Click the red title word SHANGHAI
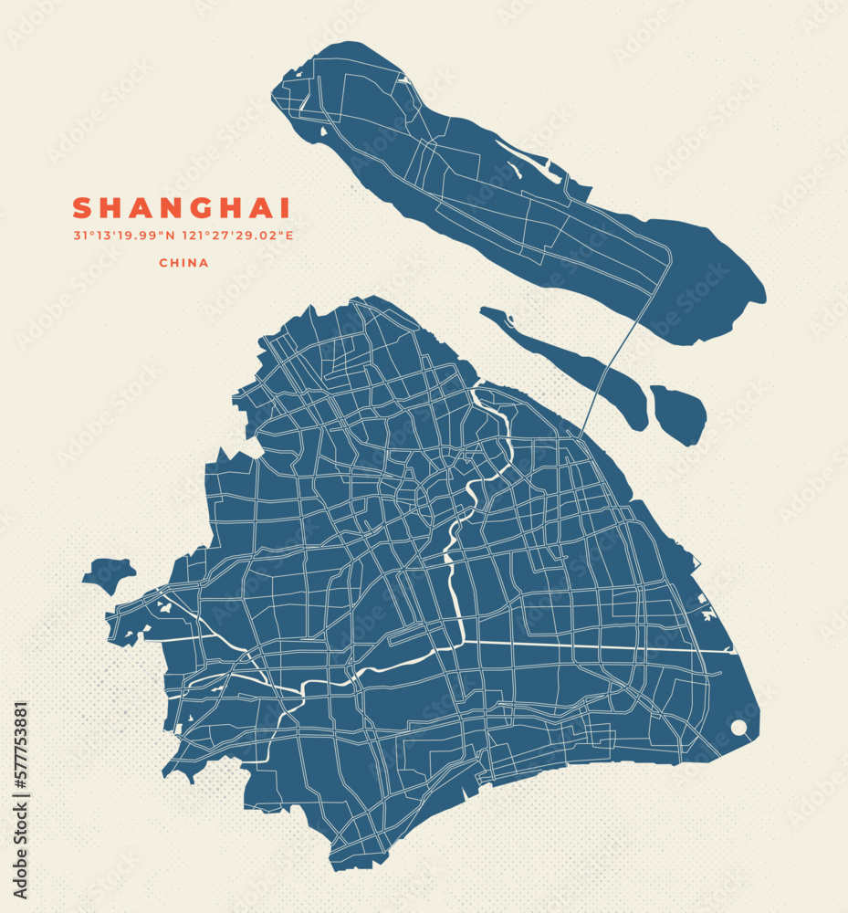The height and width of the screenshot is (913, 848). pyautogui.click(x=182, y=208)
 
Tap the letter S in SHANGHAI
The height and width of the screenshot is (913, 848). pyautogui.click(x=82, y=208)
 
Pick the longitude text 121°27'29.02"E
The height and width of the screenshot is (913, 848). pyautogui.click(x=238, y=236)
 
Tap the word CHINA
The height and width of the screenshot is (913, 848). pyautogui.click(x=183, y=263)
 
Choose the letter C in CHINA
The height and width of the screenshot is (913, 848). pyautogui.click(x=163, y=263)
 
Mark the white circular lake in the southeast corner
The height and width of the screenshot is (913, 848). pyautogui.click(x=738, y=728)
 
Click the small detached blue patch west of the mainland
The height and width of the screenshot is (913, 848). pyautogui.click(x=108, y=574)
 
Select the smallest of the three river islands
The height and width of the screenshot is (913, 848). pyautogui.click(x=679, y=412)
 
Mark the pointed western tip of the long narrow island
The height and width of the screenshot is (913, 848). pyautogui.click(x=483, y=312)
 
